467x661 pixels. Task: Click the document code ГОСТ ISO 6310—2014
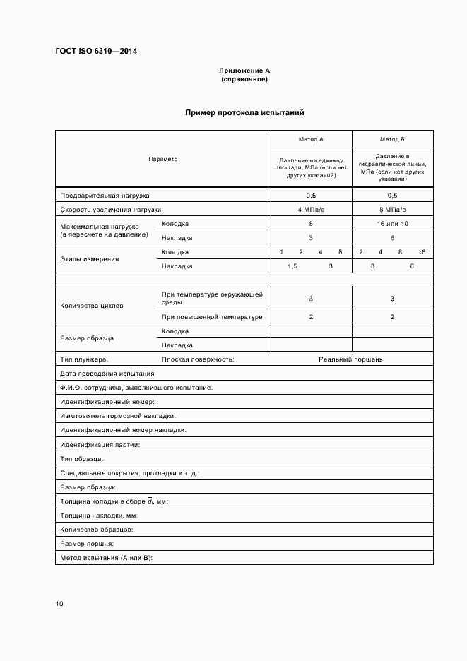pos(101,52)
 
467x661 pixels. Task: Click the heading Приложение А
pos(244,71)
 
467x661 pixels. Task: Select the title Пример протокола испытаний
pos(244,112)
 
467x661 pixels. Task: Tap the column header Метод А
pos(311,140)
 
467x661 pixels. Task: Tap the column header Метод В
pos(392,140)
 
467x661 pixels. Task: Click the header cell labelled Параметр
pos(163,159)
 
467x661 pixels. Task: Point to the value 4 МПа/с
pos(311,210)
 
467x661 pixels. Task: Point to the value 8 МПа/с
pos(392,210)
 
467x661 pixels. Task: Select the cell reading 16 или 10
pos(392,224)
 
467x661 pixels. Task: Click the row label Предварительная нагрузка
pos(105,196)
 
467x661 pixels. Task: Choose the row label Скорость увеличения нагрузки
pos(111,210)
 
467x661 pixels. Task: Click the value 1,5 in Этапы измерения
pos(292,266)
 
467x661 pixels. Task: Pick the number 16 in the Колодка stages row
pos(422,252)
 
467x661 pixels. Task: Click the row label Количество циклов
pos(92,306)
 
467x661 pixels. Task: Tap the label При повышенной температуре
pos(212,317)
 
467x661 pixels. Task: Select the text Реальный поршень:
pos(351,359)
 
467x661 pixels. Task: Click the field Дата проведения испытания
pos(107,374)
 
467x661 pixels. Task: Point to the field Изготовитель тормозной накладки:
pos(118,416)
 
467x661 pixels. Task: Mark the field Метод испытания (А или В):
pos(107,558)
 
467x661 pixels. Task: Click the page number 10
pos(59,604)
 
